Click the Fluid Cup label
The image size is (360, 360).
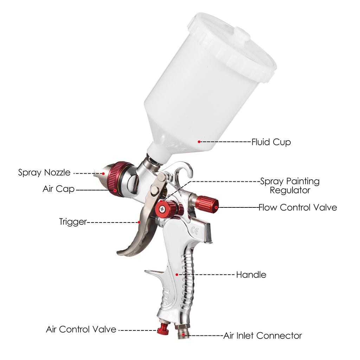(x=271, y=142)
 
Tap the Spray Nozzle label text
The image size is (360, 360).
(x=44, y=173)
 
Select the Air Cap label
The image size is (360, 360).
(x=59, y=189)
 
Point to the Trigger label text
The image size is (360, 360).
(x=73, y=222)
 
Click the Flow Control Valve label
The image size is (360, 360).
(x=298, y=207)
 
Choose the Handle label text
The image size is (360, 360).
(x=251, y=275)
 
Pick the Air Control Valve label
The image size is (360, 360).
(x=81, y=329)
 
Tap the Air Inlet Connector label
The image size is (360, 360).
(x=263, y=336)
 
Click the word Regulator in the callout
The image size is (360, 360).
(x=290, y=191)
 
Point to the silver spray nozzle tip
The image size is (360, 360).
(x=99, y=173)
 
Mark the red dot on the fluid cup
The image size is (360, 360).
(x=199, y=142)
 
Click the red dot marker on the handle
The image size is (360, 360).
(x=176, y=274)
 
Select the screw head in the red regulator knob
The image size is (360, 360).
(x=162, y=208)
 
